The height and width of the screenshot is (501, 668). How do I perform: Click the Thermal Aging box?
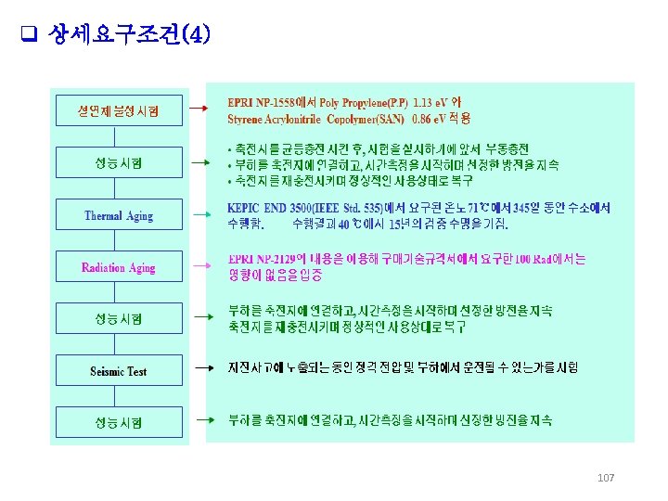pyautogui.click(x=119, y=216)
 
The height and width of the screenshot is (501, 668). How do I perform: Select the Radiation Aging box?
pyautogui.click(x=119, y=268)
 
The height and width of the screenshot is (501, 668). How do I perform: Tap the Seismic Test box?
pyautogui.click(x=119, y=371)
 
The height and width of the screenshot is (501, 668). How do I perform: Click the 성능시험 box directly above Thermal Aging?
pyautogui.click(x=119, y=163)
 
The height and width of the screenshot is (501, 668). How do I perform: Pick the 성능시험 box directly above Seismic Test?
pyautogui.click(x=119, y=319)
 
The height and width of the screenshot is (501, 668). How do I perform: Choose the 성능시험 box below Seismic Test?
pyautogui.click(x=119, y=423)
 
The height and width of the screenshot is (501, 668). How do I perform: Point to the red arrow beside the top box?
pyautogui.click(x=199, y=109)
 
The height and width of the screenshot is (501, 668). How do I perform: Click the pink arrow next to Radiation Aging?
pyautogui.click(x=199, y=267)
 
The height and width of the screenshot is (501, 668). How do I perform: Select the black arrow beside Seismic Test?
pyautogui.click(x=199, y=369)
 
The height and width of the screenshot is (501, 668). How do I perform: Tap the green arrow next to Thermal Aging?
pyautogui.click(x=199, y=215)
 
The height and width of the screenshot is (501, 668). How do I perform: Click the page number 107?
pyautogui.click(x=606, y=478)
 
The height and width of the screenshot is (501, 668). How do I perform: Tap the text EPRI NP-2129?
pyautogui.click(x=265, y=259)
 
